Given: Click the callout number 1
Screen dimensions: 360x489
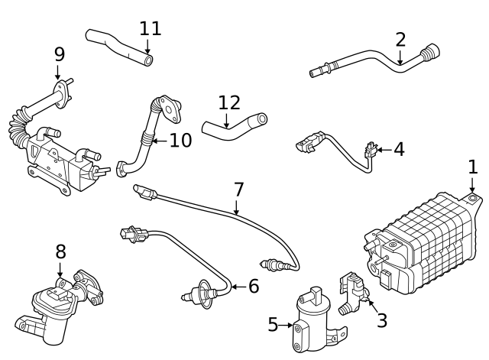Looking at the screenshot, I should [473, 167].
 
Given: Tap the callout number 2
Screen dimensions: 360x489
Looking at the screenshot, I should [400, 40].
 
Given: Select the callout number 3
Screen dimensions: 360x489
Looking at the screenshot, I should [381, 321].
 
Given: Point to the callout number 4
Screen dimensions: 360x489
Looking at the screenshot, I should [398, 149].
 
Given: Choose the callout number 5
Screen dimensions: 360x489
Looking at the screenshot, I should [273, 325].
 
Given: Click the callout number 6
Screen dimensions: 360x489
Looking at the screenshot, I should [253, 287].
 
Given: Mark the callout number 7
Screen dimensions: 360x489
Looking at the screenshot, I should [238, 188].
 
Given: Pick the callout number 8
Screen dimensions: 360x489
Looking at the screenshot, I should [60, 251].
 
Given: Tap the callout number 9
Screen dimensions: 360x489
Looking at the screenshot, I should [59, 54].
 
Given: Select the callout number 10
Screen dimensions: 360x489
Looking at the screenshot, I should [180, 140].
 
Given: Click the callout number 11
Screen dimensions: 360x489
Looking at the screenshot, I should [151, 29].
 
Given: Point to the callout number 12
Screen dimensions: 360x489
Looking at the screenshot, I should [228, 102].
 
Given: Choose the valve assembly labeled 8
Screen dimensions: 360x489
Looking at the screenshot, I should [57, 306].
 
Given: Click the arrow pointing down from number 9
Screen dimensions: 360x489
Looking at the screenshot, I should [58, 73].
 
